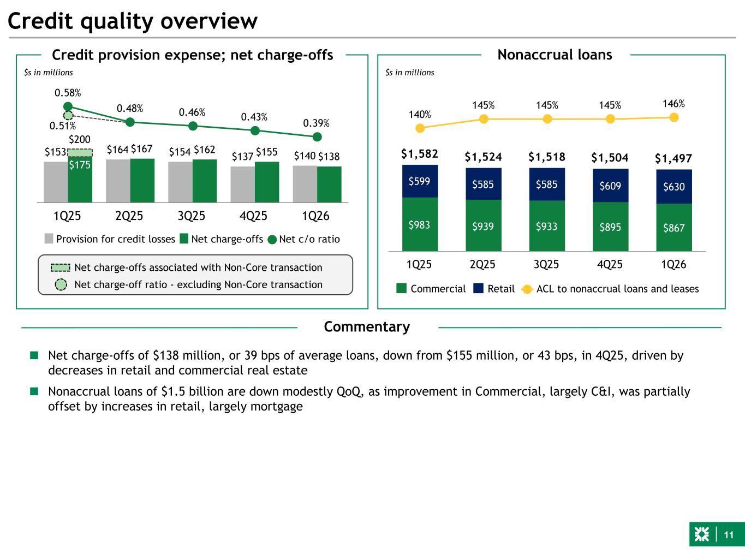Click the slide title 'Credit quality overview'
pyautogui.click(x=133, y=21)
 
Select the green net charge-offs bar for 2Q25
pyautogui.click(x=142, y=180)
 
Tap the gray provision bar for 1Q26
pyautogui.click(x=305, y=184)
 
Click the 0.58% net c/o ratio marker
pyautogui.click(x=68, y=106)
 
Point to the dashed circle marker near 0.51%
pyautogui.click(x=68, y=115)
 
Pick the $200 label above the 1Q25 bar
pyautogui.click(x=80, y=140)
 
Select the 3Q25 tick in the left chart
pyautogui.click(x=192, y=216)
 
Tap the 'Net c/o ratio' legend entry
pyautogui.click(x=304, y=239)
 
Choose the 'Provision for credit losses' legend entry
pyautogui.click(x=110, y=239)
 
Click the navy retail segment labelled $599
pyautogui.click(x=420, y=181)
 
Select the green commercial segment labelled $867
pyautogui.click(x=674, y=227)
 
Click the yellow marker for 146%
pyautogui.click(x=674, y=117)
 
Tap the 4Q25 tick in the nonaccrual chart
pyautogui.click(x=610, y=264)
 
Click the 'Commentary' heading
pyautogui.click(x=367, y=326)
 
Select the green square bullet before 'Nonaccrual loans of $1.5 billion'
pyautogui.click(x=34, y=391)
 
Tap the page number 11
pyautogui.click(x=729, y=535)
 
